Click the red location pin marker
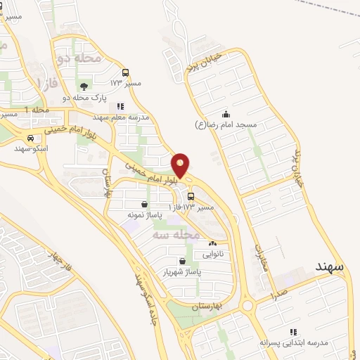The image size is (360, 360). click(x=181, y=165)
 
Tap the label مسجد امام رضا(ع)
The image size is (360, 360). click(x=226, y=124)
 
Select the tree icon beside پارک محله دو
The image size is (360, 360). click(x=84, y=87)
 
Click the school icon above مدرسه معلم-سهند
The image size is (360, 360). click(x=121, y=107)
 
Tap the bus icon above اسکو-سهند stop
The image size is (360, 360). click(x=30, y=139)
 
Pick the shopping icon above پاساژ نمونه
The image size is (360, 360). click(x=144, y=204)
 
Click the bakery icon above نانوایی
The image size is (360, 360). click(x=213, y=243)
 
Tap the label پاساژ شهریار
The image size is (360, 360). click(x=183, y=271)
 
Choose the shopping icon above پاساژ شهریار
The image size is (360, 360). click(x=182, y=261)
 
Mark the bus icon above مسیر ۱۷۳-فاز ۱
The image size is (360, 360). click(x=191, y=197)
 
